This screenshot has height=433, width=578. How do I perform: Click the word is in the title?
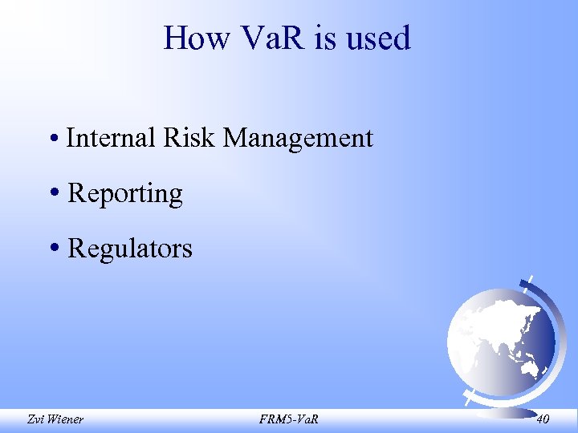pos(328,38)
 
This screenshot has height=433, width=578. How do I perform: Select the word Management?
pos(298,138)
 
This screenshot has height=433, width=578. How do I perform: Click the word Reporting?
pos(125,193)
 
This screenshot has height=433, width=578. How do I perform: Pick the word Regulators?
pos(130,249)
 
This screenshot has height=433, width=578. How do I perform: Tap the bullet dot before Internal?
pos(51,140)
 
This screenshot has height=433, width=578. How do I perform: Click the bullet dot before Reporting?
pos(53,194)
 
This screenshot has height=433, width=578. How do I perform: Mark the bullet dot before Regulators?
pos(53,249)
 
